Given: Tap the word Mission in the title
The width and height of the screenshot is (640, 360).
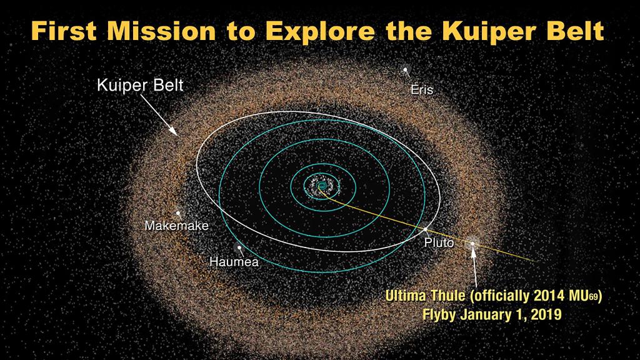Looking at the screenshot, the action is tap(161, 31).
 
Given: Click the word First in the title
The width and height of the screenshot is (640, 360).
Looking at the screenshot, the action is tap(64, 31).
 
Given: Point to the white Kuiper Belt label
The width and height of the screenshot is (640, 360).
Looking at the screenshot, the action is tap(140, 85).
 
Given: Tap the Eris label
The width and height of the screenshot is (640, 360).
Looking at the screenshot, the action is tap(422, 89).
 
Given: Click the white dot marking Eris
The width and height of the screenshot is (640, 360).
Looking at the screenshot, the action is tap(405, 70).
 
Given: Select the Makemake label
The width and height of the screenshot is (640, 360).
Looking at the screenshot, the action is tap(176, 225).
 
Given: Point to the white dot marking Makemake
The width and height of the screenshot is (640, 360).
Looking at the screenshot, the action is tap(178, 213).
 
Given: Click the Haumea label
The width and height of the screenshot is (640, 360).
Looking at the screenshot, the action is tap(234, 262).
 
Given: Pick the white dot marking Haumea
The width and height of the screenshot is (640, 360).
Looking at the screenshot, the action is tap(239, 247).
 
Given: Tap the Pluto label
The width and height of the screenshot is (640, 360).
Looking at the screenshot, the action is tap(439, 243).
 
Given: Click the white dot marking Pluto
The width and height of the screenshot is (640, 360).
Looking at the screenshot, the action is tap(425, 229).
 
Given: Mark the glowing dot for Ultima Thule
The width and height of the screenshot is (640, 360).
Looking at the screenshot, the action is tap(472, 243).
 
